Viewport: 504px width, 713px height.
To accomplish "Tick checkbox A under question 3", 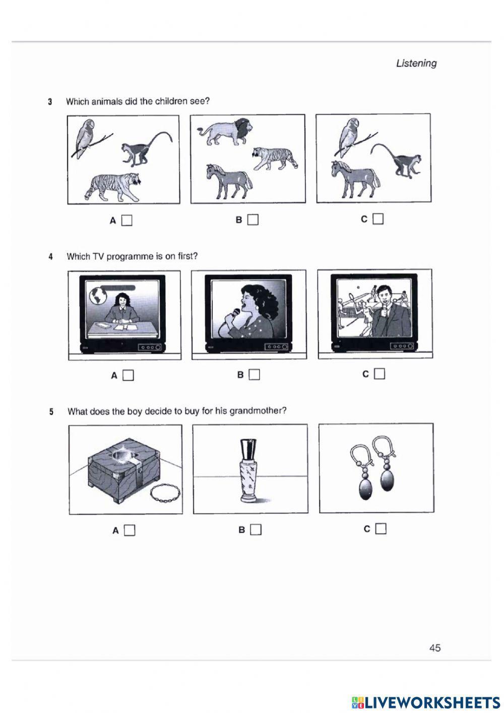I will (127, 221).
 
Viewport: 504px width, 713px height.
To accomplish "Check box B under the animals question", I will (253, 220).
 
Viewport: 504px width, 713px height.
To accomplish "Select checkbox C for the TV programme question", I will (380, 374).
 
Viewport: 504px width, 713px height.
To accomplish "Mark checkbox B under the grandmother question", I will (256, 529).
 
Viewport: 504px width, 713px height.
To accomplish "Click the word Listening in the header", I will (416, 64).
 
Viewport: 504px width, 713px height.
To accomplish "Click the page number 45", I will (434, 648).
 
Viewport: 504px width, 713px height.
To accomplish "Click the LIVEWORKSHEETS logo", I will (426, 702).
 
